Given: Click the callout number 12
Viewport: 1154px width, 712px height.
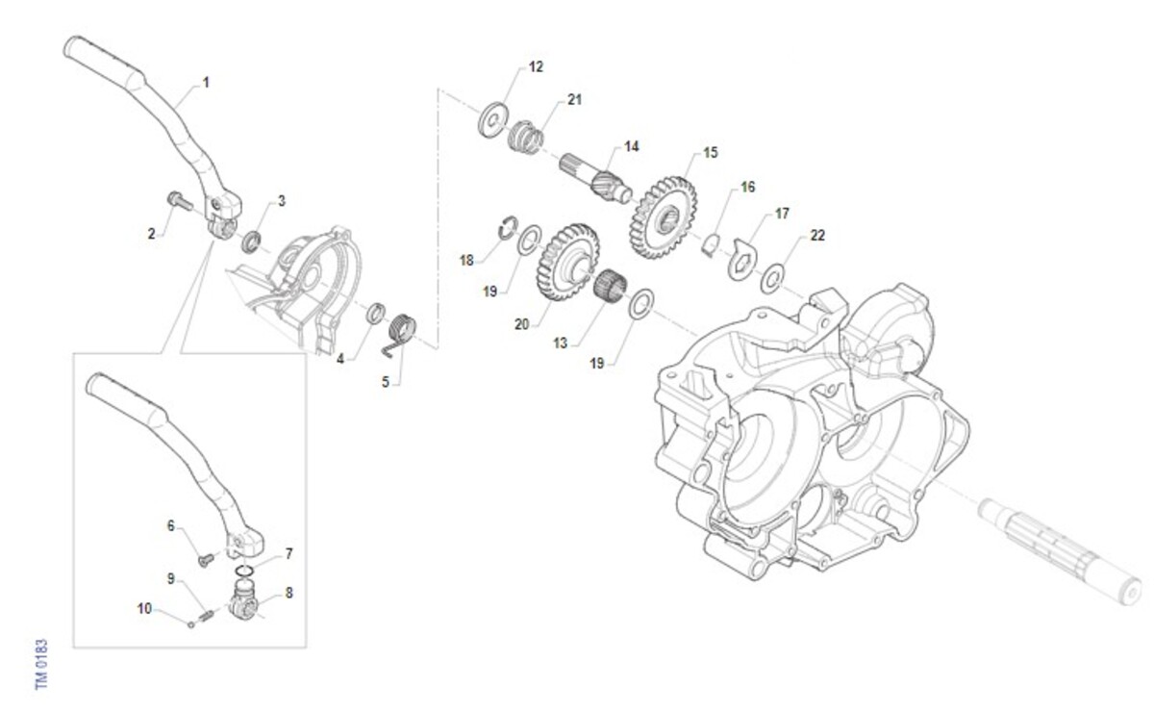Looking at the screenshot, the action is (536, 67).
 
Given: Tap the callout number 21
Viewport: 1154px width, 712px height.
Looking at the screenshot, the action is (574, 99).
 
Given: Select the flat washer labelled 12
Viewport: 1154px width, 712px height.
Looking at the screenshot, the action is (492, 120).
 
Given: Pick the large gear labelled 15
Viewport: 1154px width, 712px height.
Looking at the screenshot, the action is (664, 216).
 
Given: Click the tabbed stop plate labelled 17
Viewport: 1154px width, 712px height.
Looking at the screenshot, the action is (740, 260).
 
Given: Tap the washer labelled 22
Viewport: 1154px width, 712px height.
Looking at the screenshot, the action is (772, 278).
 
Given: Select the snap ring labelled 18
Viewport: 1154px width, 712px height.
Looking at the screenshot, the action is (509, 228).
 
